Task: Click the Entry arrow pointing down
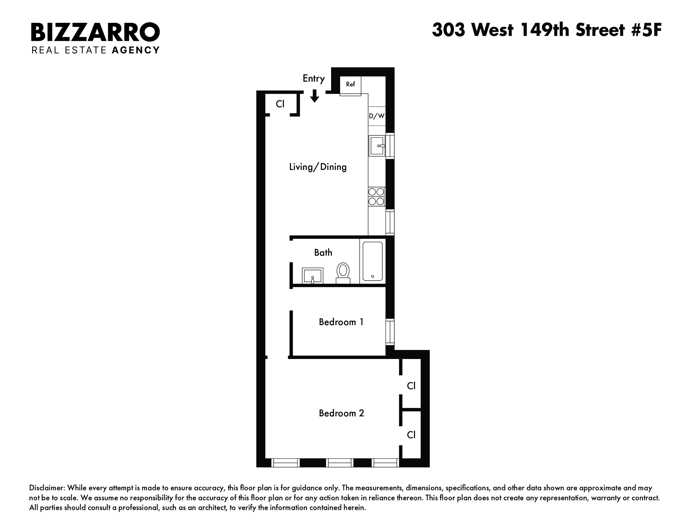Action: pos(314,96)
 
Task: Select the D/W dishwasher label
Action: pos(377,116)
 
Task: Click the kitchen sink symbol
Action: pos(377,146)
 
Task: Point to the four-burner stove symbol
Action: pos(376,197)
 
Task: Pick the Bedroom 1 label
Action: pos(341,322)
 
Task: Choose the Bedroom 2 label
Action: pos(341,413)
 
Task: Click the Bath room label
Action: pos(323,252)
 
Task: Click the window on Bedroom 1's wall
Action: pos(390,331)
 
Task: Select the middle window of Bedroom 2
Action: pos(339,463)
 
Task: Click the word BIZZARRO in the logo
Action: pos(95,32)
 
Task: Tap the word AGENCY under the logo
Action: pos(136,50)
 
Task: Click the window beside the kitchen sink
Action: pos(390,146)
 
